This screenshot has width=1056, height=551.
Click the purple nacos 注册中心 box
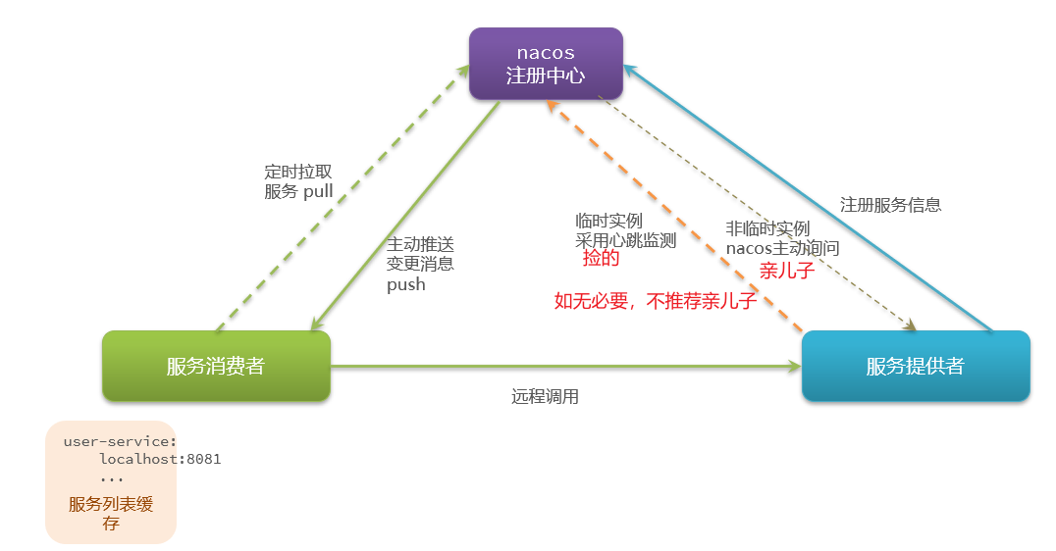pos(546,63)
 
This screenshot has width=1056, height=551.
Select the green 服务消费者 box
pos(216,366)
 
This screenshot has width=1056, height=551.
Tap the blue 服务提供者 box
pos(915,366)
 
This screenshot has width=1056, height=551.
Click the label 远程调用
pos(545,397)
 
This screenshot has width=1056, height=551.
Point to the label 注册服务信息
pos(890,205)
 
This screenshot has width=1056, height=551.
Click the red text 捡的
pos(601,259)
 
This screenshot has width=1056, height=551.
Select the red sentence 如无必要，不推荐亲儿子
pos(656,301)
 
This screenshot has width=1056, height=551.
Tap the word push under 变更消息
pos(406,284)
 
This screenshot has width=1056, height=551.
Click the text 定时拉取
pos(298,171)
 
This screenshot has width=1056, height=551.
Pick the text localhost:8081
pos(160,459)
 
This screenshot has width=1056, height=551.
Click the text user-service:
pos(120,441)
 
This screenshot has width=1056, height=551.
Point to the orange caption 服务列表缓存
pos(111,513)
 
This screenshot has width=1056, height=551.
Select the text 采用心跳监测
pos(625,240)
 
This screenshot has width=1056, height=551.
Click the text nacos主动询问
pos(782,248)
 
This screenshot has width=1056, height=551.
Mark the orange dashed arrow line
pos(677,216)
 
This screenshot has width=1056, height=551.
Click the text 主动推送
pos(420,244)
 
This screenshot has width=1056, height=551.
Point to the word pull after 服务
pos(317,191)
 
